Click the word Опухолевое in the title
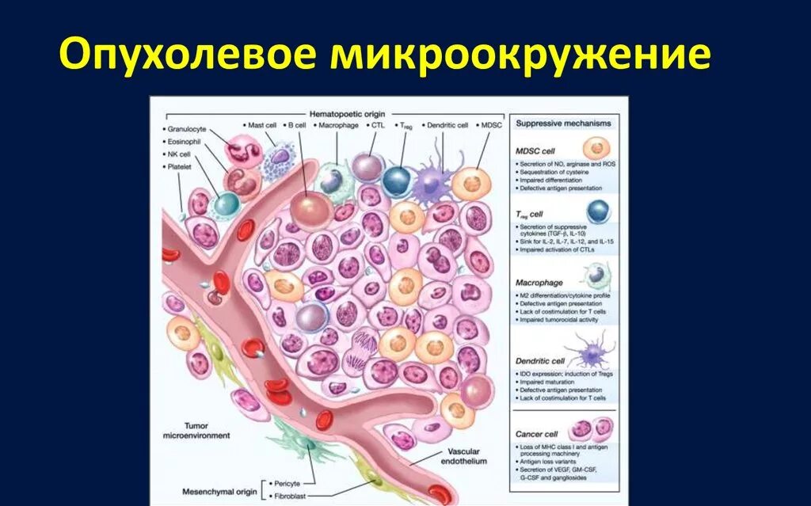click(x=188, y=57)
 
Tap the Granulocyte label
click(x=188, y=127)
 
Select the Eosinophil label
click(x=187, y=140)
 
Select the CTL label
click(x=377, y=125)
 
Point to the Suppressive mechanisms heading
click(x=563, y=124)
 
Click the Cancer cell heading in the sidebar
click(x=537, y=434)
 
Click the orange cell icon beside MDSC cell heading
click(x=595, y=148)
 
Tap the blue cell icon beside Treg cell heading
click(x=598, y=211)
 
